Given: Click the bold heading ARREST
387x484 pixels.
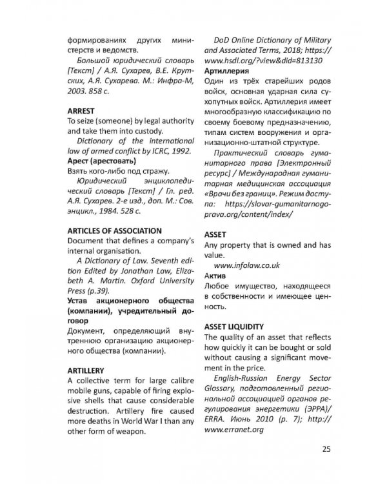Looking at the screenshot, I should click(82, 110).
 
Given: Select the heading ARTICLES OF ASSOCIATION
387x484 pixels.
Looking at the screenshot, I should click(115, 230).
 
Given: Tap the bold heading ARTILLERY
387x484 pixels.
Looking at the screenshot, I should click(86, 371).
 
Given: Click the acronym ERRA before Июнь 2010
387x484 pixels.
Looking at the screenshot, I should click(217, 418).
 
